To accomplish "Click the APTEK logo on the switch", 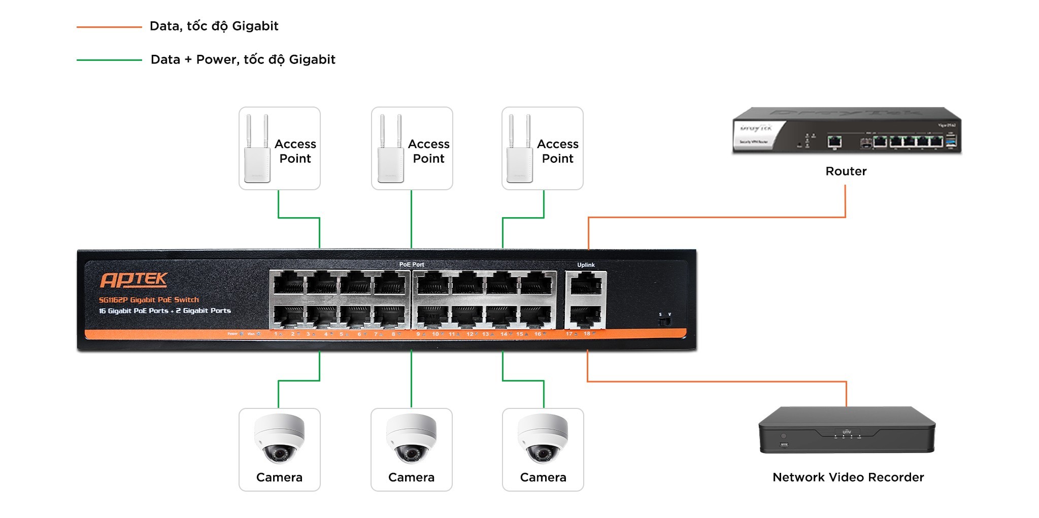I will click(x=133, y=280).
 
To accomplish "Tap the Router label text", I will click(x=846, y=171).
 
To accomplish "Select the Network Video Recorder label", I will click(x=848, y=477).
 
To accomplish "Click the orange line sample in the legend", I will click(x=109, y=27).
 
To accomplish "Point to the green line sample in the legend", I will click(x=109, y=60).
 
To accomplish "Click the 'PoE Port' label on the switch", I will click(x=411, y=264).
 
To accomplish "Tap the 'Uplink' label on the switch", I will click(x=586, y=265).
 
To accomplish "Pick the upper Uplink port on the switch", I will click(x=586, y=284).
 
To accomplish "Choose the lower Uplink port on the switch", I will click(x=586, y=317).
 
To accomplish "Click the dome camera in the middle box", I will click(x=411, y=439).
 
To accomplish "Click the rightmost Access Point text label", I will click(x=557, y=151).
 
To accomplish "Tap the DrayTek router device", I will click(x=847, y=131).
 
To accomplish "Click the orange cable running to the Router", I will click(x=716, y=218).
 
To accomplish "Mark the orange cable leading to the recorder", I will click(x=716, y=381).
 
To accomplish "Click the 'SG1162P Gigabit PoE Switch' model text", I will click(x=149, y=300).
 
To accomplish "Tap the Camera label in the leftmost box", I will click(x=279, y=477).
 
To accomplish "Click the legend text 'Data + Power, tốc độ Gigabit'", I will click(x=243, y=60).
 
